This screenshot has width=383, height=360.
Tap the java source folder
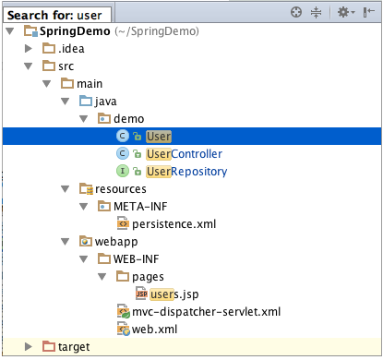[x=107, y=102]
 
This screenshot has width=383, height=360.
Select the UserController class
[x=184, y=153]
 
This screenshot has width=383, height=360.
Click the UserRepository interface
[x=186, y=171]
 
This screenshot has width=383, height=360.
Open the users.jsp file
[x=174, y=294]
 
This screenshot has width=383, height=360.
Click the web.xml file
[x=154, y=329]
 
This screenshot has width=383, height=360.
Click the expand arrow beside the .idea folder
[x=29, y=49]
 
